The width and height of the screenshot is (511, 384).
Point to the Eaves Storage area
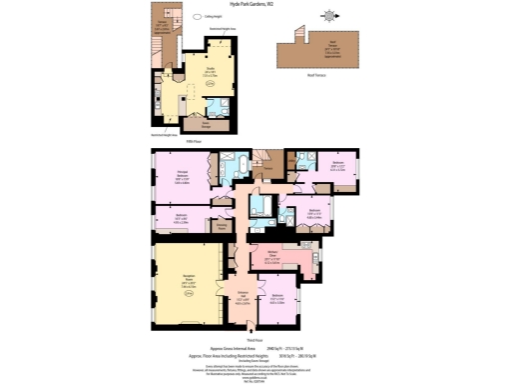click(x=206, y=122)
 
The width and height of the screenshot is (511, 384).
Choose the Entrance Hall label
click(x=243, y=296)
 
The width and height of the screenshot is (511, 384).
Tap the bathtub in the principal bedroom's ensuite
click(x=243, y=162)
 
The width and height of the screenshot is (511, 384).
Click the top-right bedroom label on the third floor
click(x=338, y=166)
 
